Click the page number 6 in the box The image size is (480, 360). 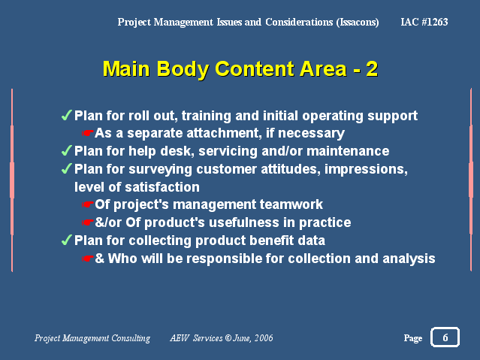[x=445, y=337]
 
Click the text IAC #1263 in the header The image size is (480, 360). [x=424, y=22]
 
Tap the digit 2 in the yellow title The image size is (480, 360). [x=372, y=68]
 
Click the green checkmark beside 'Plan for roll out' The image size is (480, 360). [x=67, y=116]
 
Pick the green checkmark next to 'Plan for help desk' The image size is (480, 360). [x=67, y=151]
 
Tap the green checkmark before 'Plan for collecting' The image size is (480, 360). [x=67, y=241]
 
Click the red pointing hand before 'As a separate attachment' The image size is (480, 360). [x=88, y=133]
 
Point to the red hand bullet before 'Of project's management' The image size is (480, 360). [x=88, y=204]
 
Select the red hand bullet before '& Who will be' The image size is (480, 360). [x=88, y=259]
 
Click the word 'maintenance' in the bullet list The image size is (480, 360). [x=348, y=151]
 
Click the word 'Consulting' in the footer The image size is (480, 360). [x=131, y=338]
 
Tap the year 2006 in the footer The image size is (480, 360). [x=264, y=338]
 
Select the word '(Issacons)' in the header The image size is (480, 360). [x=358, y=23]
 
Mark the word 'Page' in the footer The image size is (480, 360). [x=413, y=338]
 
